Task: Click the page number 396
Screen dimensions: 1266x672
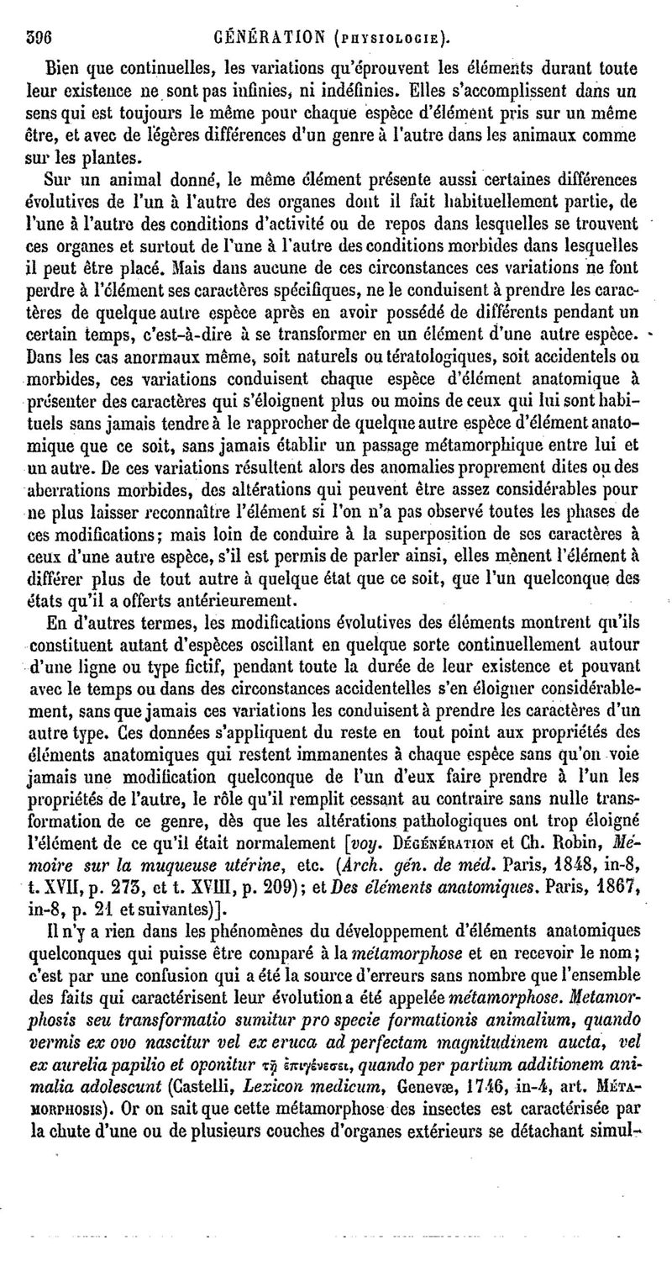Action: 40,36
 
